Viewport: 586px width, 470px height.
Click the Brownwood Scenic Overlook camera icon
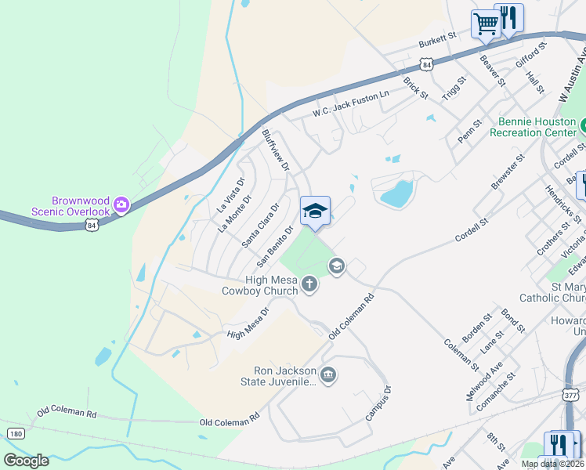pos(121,205)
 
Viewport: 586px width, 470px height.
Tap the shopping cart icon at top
pos(485,23)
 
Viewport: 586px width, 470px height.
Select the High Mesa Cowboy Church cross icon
pos(309,284)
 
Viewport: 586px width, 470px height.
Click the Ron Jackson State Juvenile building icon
pos(328,375)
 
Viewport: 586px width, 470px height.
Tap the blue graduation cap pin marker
pos(315,211)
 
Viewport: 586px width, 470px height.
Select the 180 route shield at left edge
pos(16,433)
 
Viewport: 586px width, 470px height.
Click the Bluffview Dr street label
pos(275,150)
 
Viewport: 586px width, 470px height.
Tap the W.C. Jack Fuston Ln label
pos(350,103)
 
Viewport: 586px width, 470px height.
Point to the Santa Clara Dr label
pos(260,226)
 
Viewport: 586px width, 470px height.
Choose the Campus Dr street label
pos(378,403)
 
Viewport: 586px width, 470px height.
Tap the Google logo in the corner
pos(26,460)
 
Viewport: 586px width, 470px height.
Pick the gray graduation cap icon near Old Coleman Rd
pos(337,266)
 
